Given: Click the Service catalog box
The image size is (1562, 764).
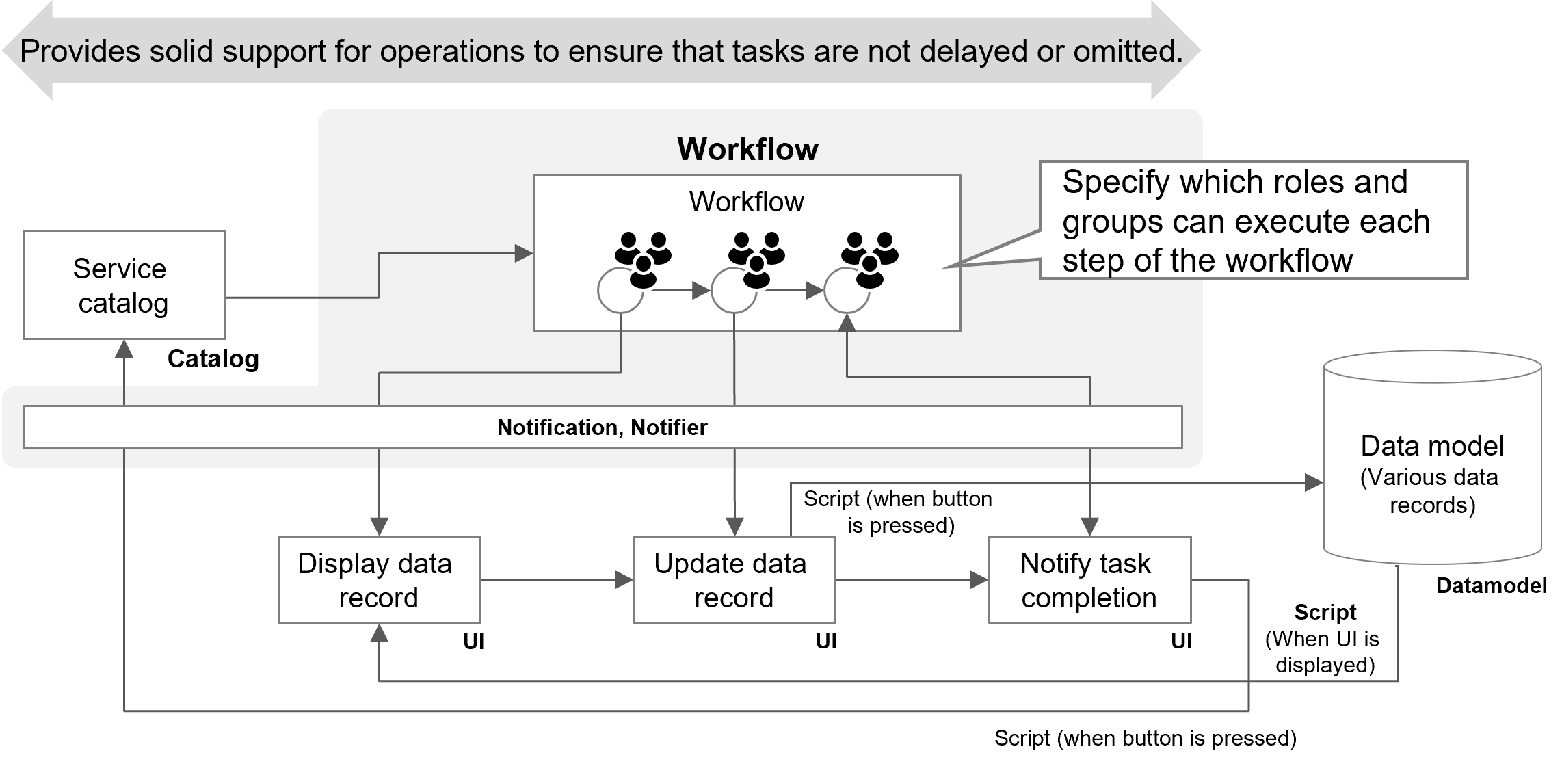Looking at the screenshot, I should click(124, 285).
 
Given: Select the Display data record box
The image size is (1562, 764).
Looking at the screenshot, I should click(379, 579).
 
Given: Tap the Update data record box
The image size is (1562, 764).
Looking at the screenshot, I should click(734, 579).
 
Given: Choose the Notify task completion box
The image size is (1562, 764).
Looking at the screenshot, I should click(1089, 579).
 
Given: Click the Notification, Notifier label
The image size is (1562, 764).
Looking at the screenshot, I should click(602, 427).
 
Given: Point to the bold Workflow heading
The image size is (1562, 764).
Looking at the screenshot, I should click(747, 149).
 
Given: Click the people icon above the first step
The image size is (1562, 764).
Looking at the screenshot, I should click(643, 258).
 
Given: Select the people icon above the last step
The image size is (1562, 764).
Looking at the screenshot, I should click(869, 258).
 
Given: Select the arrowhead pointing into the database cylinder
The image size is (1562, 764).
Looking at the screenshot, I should click(1314, 483).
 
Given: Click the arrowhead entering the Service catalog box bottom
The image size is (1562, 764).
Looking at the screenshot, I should click(124, 349).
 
